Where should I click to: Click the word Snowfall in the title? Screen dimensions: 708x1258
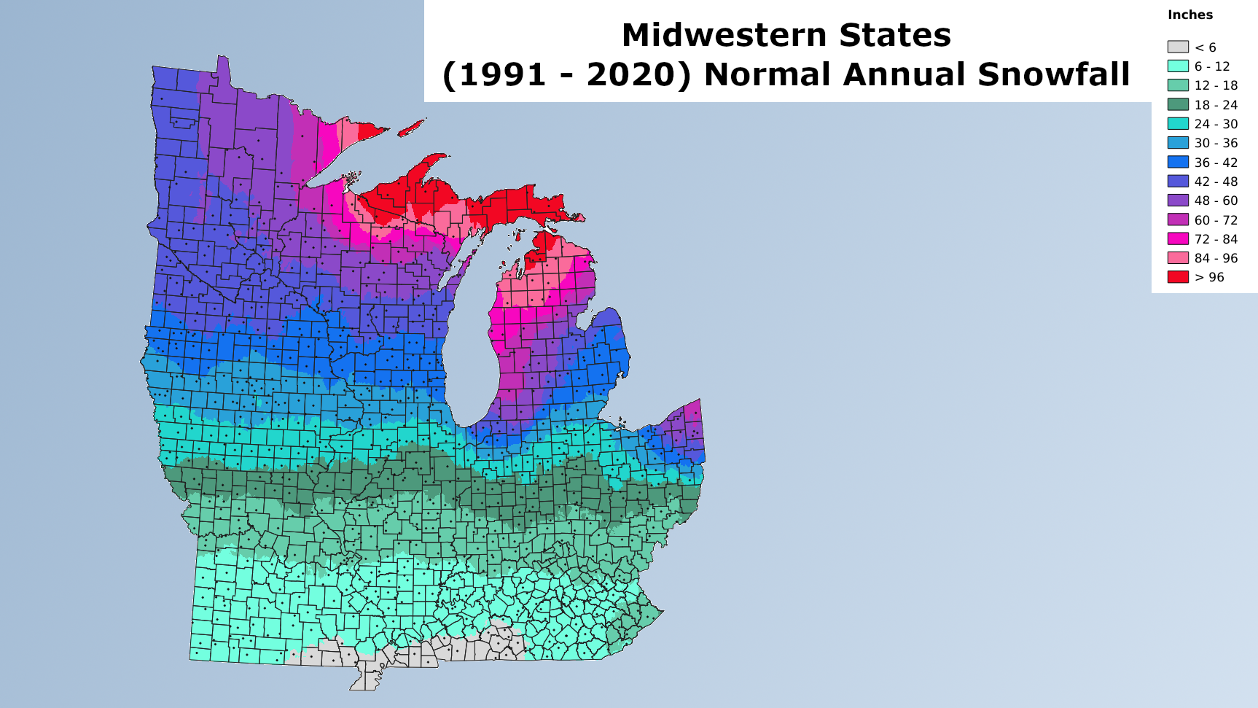[x=1054, y=74]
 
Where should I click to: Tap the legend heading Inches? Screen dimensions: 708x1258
[x=1190, y=15]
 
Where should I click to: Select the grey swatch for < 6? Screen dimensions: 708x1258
[x=1178, y=47]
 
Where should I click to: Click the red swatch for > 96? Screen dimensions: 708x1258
[x=1178, y=277]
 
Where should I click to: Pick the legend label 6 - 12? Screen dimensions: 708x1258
[x=1212, y=66]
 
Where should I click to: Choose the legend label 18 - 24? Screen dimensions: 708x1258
[x=1216, y=105]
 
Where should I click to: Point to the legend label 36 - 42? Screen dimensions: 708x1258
[x=1216, y=163]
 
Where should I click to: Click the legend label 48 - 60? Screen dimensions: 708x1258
[x=1216, y=201]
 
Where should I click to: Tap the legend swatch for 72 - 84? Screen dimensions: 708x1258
[x=1178, y=238]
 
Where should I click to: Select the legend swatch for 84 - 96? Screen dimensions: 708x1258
[x=1178, y=257]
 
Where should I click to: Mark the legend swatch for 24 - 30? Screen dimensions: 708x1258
[x=1178, y=124]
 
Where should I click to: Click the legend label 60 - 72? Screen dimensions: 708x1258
[x=1216, y=220]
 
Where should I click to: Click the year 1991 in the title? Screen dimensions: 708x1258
[x=504, y=74]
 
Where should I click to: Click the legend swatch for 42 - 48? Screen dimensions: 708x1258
[x=1178, y=182]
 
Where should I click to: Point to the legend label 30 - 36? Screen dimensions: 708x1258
[x=1216, y=143]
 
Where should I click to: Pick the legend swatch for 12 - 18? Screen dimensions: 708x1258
[x=1178, y=85]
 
